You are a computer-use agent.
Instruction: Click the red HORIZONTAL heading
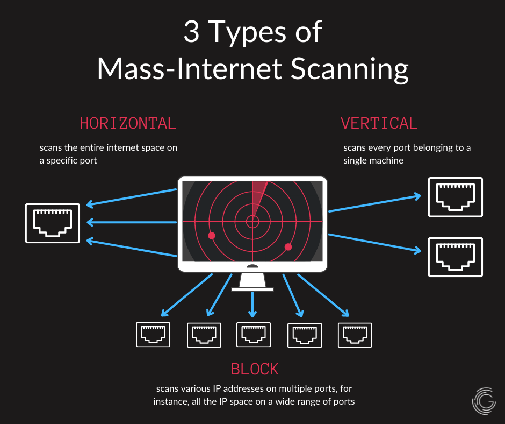coord(128,123)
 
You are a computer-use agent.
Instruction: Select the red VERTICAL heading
coord(379,123)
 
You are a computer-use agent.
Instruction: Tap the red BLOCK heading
coord(255,369)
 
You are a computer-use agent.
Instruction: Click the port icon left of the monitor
coord(53,223)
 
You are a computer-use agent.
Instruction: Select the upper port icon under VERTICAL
coord(455,197)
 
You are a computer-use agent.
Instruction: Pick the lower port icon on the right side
coord(455,257)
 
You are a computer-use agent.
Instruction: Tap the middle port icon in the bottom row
coord(253,335)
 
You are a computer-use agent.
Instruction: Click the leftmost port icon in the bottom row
coord(153,335)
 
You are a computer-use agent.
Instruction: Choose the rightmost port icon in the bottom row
coord(355,335)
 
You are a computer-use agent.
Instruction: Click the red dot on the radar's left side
coord(212,236)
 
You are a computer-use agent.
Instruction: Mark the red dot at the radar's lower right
coord(288,247)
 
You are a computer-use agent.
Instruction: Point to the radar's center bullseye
coord(252,221)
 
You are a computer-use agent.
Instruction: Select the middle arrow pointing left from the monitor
coord(132,222)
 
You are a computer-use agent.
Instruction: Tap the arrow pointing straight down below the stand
coord(252,305)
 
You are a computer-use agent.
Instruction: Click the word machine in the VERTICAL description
coord(384,160)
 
